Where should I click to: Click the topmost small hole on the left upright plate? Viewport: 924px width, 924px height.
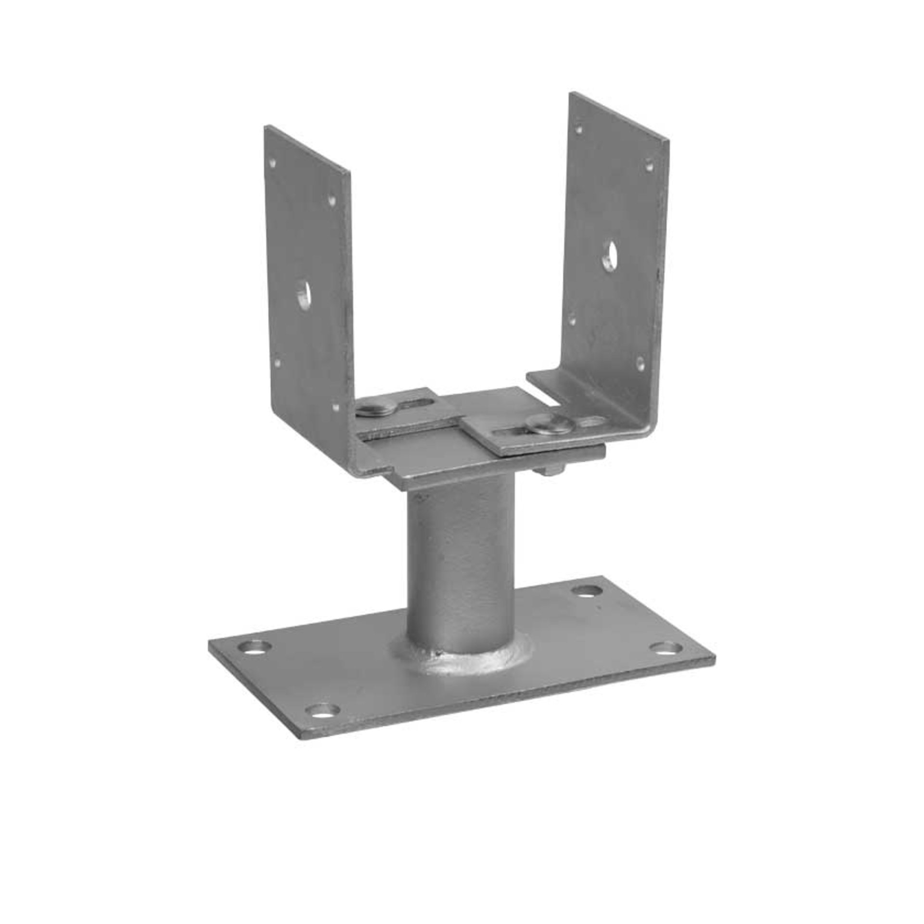pos(274,163)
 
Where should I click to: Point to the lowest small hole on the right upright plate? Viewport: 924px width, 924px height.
pos(640,361)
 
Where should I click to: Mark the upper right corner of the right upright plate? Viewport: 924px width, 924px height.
pos(668,141)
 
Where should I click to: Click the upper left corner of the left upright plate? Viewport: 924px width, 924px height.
pos(265,126)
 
